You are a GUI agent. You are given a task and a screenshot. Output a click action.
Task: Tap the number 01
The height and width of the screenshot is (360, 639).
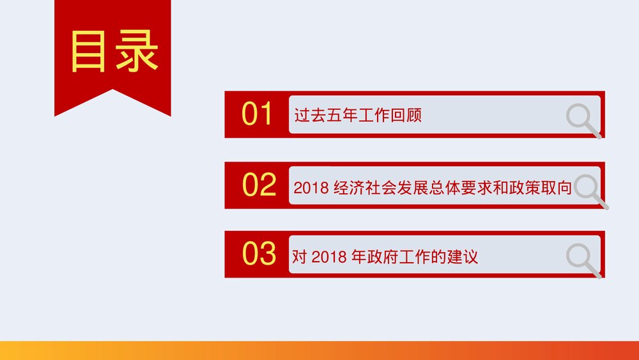coord(258,114)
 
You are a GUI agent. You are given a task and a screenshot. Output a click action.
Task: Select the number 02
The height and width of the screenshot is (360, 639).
coord(259,185)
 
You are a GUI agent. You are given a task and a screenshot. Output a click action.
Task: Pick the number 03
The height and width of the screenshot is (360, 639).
coord(259,254)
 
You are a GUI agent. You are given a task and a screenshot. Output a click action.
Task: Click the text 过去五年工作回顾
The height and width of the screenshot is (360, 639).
coord(358,116)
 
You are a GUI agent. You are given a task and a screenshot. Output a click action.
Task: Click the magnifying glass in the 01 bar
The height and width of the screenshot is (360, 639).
coord(583,120)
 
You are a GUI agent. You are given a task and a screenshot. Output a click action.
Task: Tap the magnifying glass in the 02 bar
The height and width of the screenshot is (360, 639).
coord(590,191)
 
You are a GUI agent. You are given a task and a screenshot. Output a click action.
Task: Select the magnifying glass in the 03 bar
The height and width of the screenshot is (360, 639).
coord(583,260)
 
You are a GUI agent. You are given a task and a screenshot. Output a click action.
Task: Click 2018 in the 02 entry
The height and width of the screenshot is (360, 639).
coord(311,189)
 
